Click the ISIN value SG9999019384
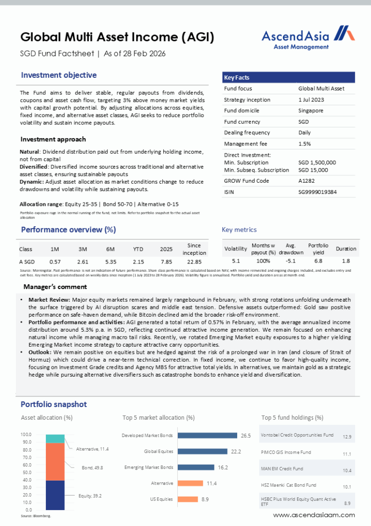coord(318,192)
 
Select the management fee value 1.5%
coord(304,144)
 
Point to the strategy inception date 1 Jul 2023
coord(311,100)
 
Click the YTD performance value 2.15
coord(138,261)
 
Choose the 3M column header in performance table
coord(83,249)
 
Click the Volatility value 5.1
coord(236,261)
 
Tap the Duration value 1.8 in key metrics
coord(346,261)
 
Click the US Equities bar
coord(186,499)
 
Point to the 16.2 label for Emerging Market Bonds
coord(223,468)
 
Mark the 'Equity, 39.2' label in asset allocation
coord(90,496)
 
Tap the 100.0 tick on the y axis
coord(26,435)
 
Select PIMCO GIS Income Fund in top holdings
coord(285,453)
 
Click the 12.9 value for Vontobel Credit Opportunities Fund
coord(347,437)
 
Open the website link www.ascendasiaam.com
coord(314,515)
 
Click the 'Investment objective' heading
coord(59,75)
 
